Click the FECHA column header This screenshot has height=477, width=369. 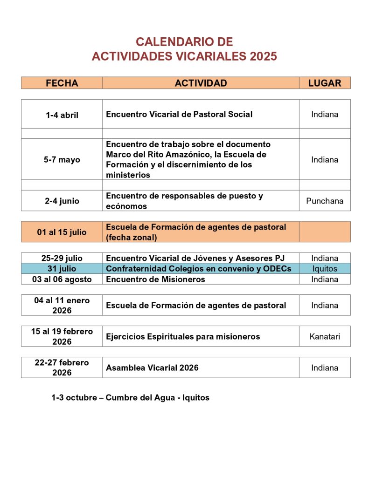coord(62,83)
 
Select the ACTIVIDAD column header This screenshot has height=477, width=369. coord(201,83)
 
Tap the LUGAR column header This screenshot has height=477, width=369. coord(325,83)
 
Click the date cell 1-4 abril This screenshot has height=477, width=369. coord(62,115)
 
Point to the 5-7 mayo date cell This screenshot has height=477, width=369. coord(62,160)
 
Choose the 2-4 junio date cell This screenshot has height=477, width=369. coord(62,201)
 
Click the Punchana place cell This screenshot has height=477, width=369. coord(325,201)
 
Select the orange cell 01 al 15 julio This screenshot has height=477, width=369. coord(62,232)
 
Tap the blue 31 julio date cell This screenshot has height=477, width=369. coord(62,269)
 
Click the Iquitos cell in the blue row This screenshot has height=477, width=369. coord(325,269)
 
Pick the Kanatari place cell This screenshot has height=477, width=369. coord(325,336)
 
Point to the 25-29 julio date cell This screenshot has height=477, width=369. coord(62,258)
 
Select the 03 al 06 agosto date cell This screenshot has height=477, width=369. coord(62,279)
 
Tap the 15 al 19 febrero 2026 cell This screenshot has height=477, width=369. coord(62,336)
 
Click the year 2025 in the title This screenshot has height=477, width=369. coord(263,56)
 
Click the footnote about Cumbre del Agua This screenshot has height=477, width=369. coord(130,398)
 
